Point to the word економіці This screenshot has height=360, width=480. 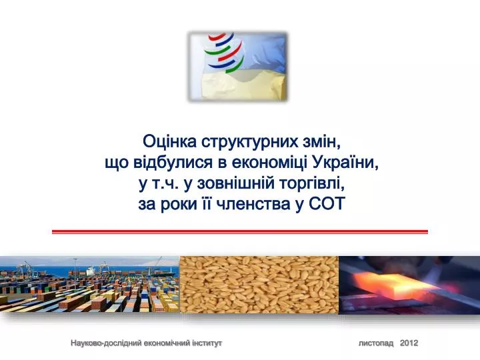[270, 163]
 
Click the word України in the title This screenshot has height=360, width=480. [345, 162]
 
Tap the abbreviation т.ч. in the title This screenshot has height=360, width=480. [165, 183]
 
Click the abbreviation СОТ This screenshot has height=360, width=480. [327, 203]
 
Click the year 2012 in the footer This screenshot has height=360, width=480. [409, 343]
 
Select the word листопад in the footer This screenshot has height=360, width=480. [376, 343]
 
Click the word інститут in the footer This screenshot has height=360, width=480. [207, 343]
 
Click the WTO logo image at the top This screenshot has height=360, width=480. [238, 67]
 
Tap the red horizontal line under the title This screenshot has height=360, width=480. [240, 232]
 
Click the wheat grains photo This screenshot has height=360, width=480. [259, 285]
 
